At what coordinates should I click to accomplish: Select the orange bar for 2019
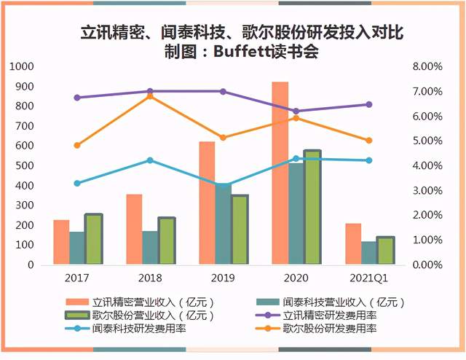207,203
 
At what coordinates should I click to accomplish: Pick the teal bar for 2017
77,249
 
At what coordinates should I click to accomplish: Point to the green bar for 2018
167,241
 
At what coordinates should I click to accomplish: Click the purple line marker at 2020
296,111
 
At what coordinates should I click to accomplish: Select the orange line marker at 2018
150,96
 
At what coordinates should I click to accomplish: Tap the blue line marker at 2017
77,183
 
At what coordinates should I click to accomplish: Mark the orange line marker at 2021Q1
368,141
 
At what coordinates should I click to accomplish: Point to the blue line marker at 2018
150,160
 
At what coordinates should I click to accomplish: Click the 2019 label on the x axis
223,278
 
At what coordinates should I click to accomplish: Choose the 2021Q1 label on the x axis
368,278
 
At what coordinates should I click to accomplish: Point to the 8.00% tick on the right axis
427,66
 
